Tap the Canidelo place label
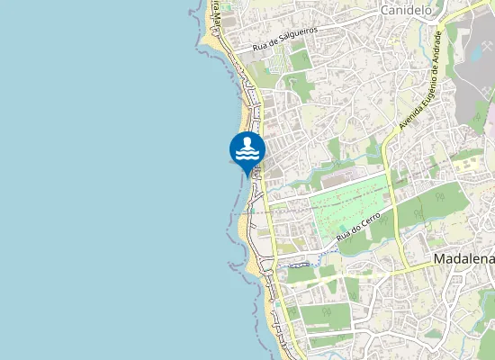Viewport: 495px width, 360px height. click(x=407, y=11)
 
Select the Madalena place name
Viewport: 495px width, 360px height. click(x=464, y=259)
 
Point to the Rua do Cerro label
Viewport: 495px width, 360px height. click(x=365, y=223)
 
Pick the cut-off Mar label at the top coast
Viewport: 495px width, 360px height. click(x=217, y=11)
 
